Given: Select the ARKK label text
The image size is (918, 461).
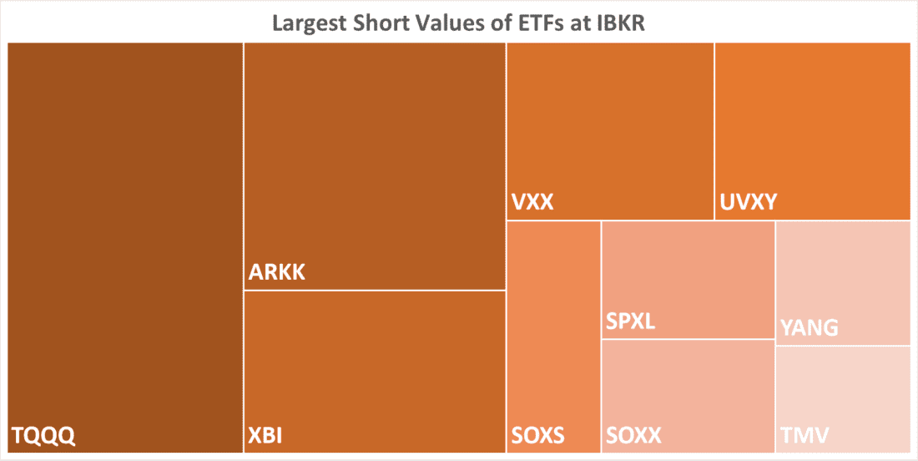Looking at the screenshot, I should [x=277, y=272].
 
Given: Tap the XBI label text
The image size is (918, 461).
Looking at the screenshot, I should [x=268, y=435].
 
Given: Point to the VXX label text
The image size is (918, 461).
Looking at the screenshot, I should [x=532, y=202].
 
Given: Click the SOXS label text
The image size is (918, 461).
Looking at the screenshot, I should [x=538, y=435].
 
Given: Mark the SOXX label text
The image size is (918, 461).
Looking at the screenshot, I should [x=634, y=435].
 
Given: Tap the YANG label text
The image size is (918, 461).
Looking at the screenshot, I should [x=809, y=327].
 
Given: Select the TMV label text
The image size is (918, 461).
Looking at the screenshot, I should [x=804, y=435].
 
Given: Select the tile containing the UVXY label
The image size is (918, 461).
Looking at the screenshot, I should [x=812, y=125].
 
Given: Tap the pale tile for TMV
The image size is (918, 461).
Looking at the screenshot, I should [x=843, y=393].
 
